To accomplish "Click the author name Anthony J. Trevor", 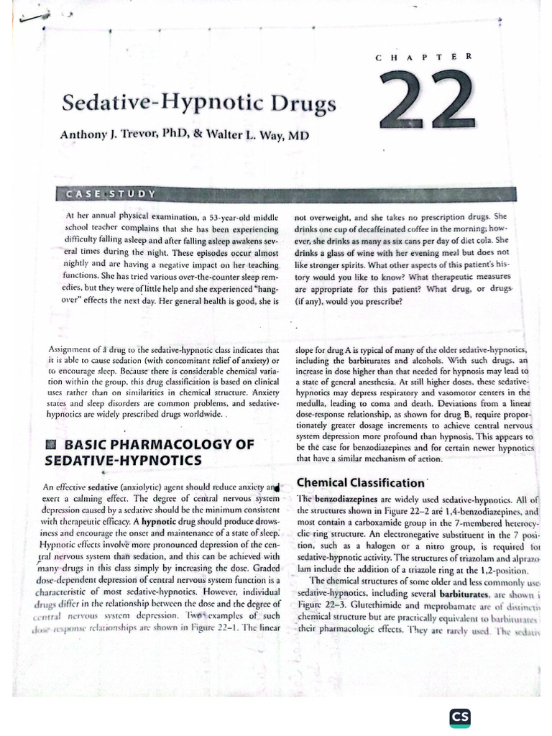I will [x=114, y=134].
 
